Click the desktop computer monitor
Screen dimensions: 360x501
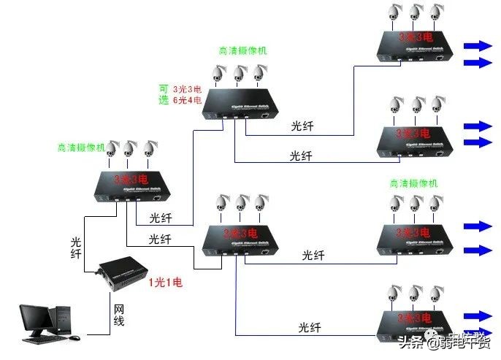36,319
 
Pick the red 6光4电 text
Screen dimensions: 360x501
188,101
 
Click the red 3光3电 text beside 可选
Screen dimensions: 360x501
188,88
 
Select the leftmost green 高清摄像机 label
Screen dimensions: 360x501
81,147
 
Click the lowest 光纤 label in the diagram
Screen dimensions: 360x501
310,328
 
